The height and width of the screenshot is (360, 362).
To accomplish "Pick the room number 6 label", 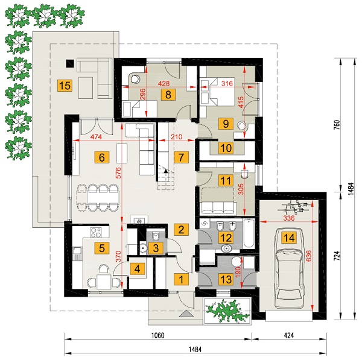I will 101,157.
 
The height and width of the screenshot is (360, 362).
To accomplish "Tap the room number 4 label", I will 138,269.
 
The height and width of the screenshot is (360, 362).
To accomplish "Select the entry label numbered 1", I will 179,279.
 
